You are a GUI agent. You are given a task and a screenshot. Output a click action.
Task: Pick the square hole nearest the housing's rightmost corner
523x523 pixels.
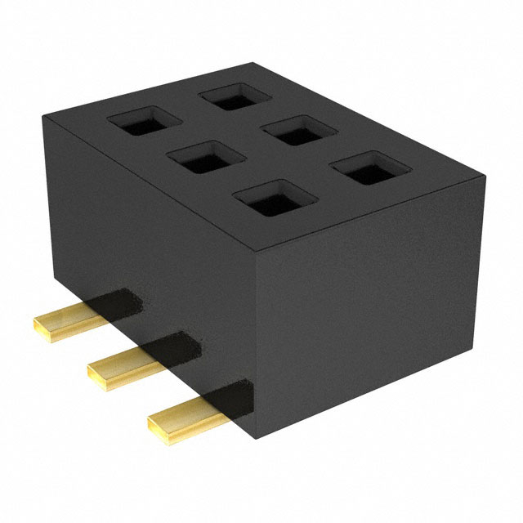pos(364,169)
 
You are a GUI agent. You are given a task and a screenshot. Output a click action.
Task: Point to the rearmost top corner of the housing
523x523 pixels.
pos(255,63)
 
